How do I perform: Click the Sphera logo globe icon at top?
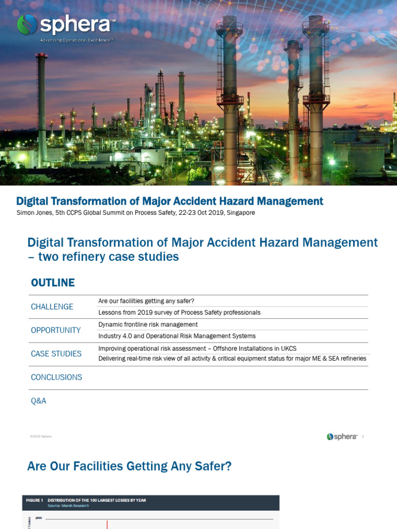point(27,24)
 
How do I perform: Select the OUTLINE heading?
point(53,283)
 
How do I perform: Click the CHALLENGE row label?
point(52,307)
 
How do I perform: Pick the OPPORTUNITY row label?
point(56,330)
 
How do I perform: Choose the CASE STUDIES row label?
point(56,354)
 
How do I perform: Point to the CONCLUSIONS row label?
point(56,377)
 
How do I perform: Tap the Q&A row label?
point(39,401)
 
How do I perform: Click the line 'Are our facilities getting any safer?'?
point(146,301)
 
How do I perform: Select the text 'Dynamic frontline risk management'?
point(148,324)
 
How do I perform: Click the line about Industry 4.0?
point(177,336)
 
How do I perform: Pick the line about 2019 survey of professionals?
point(179,313)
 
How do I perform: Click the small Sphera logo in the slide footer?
point(342,437)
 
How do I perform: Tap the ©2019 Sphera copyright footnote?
point(41,437)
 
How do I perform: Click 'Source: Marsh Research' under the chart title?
point(68,506)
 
